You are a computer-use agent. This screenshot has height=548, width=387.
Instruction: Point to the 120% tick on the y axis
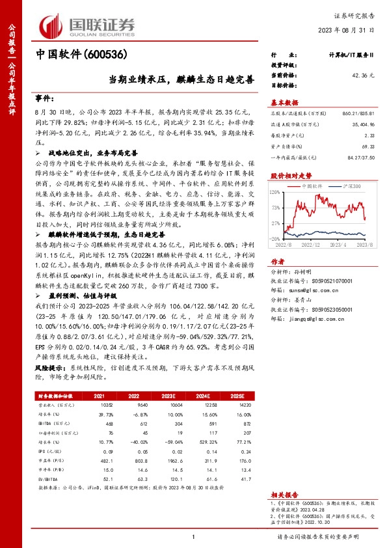(x=276, y=192)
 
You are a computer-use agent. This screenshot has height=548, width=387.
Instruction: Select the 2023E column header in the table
(x=168, y=396)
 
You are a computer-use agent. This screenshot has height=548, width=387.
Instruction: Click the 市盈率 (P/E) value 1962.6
(x=168, y=459)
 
